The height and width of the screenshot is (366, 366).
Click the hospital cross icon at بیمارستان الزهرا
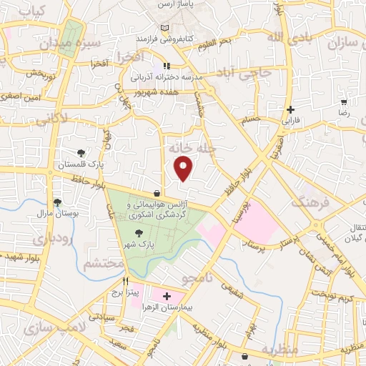pyautogui.click(x=167, y=296)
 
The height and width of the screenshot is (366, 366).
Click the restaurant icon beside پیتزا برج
pyautogui.click(x=126, y=281)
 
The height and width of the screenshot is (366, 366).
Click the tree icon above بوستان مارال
pyautogui.click(x=57, y=202)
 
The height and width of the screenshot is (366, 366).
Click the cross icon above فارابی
pyautogui.click(x=290, y=109)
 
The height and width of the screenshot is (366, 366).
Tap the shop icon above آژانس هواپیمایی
pyautogui.click(x=157, y=193)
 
